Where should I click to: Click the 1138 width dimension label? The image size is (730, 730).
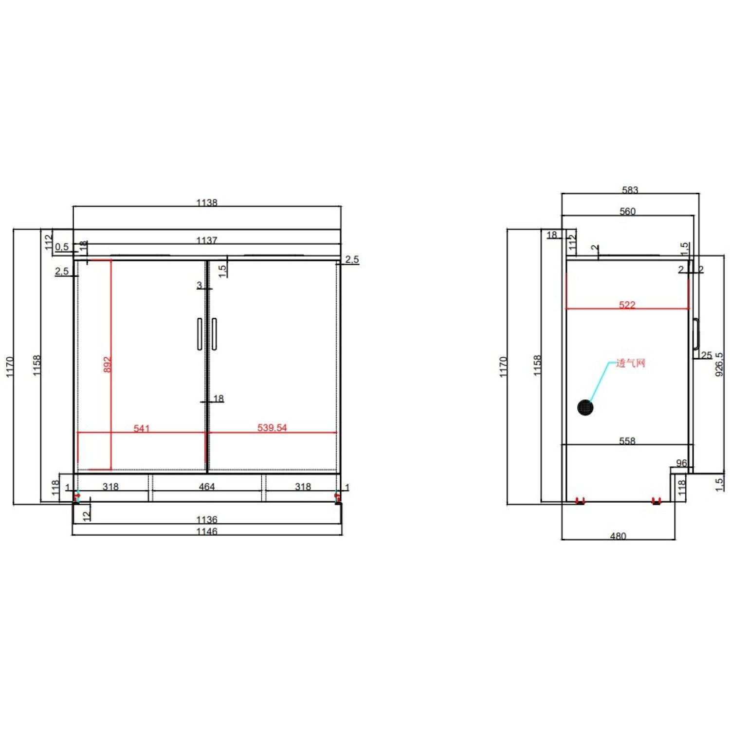(x=207, y=202)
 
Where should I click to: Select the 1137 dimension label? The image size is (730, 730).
(x=207, y=240)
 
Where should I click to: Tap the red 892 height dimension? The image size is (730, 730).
(x=108, y=365)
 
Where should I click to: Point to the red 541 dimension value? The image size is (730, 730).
(x=142, y=428)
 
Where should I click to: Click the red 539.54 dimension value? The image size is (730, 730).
(x=272, y=428)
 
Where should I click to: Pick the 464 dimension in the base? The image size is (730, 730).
(x=207, y=486)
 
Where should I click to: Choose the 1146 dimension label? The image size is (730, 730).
(x=207, y=531)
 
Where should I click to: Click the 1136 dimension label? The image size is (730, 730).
(x=207, y=520)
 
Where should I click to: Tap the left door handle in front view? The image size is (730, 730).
(x=200, y=334)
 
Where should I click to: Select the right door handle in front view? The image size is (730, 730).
(x=214, y=334)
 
